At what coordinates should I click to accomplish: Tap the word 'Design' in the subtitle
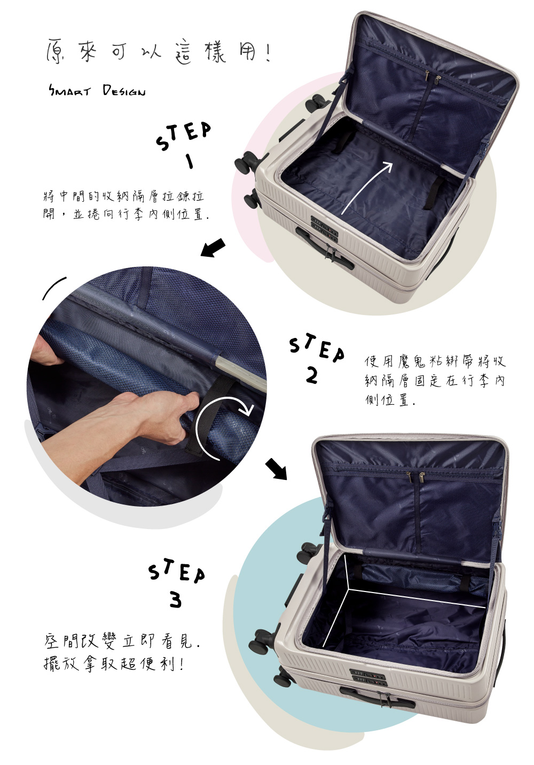coord(124,91)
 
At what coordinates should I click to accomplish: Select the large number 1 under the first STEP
coord(189,161)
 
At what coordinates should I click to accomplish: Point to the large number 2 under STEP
coord(311,376)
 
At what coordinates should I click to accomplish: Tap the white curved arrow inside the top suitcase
coord(367,187)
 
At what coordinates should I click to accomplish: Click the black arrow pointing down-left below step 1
coord(213,248)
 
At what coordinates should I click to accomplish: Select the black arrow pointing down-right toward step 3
coord(276,469)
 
